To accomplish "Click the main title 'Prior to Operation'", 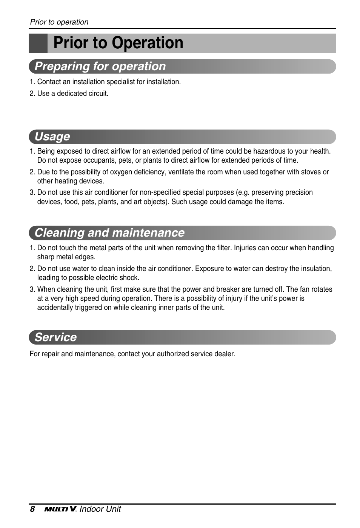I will [x=118, y=43].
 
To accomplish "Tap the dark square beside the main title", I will [x=38, y=43].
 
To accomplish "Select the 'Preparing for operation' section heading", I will [x=100, y=66].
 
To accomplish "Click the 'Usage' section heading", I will [x=52, y=137].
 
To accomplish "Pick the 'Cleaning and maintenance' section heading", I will [x=109, y=233].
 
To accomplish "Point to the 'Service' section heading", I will [x=55, y=337].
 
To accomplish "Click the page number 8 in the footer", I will [x=32, y=509].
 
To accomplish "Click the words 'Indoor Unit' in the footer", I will [x=100, y=509].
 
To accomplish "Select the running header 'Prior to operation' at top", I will [x=59, y=22].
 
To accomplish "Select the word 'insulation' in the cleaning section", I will [x=316, y=269].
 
